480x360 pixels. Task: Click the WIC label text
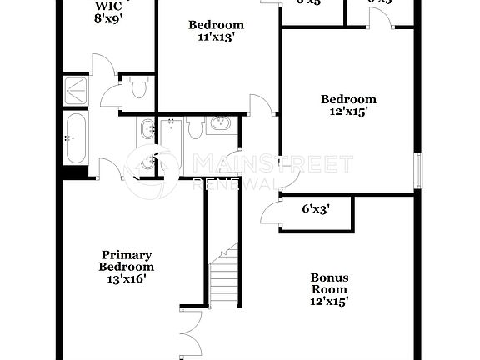108,6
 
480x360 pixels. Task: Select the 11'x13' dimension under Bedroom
216,37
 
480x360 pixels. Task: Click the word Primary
127,255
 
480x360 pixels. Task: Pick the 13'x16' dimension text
127,279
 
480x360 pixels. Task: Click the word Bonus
329,278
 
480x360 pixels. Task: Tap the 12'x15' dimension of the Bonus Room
329,302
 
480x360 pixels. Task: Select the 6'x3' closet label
317,210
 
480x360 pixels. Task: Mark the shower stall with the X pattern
78,90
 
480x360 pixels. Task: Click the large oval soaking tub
75,139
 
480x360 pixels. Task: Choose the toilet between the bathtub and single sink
197,127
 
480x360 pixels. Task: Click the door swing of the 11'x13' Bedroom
261,105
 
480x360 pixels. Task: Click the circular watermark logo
151,171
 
